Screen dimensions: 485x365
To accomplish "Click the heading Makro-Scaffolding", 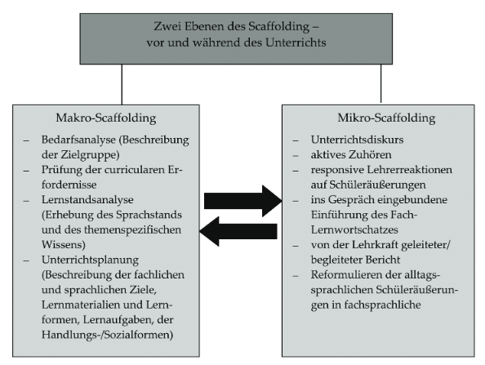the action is pos(106,118).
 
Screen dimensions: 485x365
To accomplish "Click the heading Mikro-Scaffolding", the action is pos(386,118).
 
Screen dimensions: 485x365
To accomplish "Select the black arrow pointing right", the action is pos(242,201).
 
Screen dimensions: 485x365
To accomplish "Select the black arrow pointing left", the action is pos(238,231).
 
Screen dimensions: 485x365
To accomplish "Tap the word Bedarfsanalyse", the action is pos(78,140).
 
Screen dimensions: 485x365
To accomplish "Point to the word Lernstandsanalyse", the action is pos(87,200).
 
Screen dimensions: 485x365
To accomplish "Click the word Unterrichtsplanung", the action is pos(90,260).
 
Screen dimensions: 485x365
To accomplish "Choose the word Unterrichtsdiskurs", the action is pos(358,140).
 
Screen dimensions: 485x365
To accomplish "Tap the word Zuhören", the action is pos(370,154).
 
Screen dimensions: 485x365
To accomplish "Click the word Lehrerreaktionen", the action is pos(410,170).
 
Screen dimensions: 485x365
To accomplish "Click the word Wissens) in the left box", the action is pos(64,245).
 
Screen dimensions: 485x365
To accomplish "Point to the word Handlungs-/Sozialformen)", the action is pos(107,335).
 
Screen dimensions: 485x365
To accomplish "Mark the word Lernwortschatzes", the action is pos(354,229).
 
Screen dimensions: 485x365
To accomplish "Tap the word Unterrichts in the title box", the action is pos(296,42).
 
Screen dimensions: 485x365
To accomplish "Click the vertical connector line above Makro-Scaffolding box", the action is pos(122,84).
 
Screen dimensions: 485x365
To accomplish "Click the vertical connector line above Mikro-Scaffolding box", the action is pos(380,83).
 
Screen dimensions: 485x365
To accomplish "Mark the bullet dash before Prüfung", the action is pos(26,171).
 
